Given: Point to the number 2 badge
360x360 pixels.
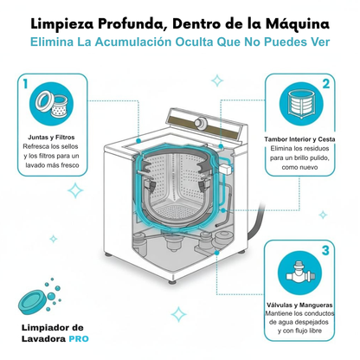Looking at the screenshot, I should pyautogui.click(x=325, y=84).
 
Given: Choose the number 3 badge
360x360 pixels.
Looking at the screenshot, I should pyautogui.click(x=325, y=251).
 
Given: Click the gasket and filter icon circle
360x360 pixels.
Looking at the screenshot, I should pyautogui.click(x=55, y=106).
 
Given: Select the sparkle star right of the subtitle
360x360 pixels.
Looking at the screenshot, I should pyautogui.click(x=325, y=63).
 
